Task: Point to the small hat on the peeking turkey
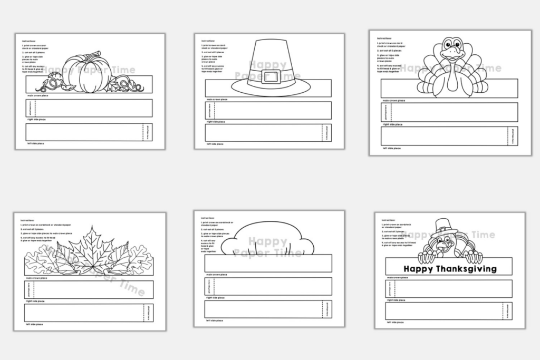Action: (x=442, y=228)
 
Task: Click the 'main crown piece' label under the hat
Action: (x=217, y=99)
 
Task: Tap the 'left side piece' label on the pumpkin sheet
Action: (x=36, y=143)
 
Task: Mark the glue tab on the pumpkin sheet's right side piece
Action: (x=30, y=108)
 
